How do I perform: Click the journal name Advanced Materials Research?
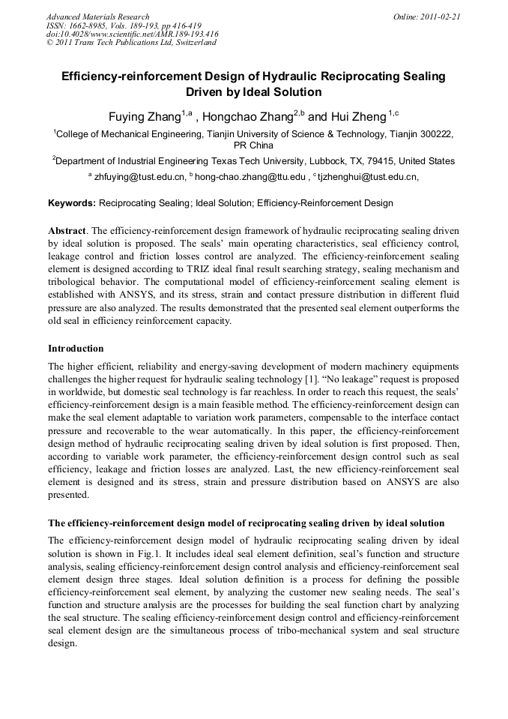(97, 16)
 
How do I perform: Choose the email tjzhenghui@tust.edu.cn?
(367, 178)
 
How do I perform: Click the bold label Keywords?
(72, 203)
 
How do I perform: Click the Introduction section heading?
(76, 349)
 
